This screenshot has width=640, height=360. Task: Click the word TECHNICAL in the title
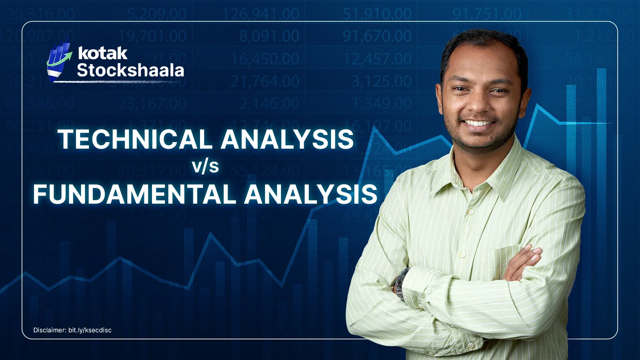(135, 139)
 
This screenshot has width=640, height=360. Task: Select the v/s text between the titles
(205, 166)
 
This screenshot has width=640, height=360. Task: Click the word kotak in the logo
(103, 53)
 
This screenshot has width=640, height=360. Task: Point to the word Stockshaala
(130, 70)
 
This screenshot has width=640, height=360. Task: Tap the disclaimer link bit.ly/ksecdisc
(90, 330)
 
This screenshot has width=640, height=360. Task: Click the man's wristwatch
(401, 283)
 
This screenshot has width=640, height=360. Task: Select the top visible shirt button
(471, 212)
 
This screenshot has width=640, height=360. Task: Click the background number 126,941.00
(261, 14)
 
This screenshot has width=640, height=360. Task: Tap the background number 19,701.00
(153, 36)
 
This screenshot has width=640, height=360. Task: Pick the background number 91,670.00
(377, 36)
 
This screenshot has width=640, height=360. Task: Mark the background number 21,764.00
(265, 82)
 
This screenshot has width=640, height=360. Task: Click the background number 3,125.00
(382, 82)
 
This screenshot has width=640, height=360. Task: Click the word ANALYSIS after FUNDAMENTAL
(311, 194)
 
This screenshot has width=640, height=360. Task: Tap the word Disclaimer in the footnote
(50, 330)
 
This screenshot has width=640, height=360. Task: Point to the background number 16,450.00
(265, 59)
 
